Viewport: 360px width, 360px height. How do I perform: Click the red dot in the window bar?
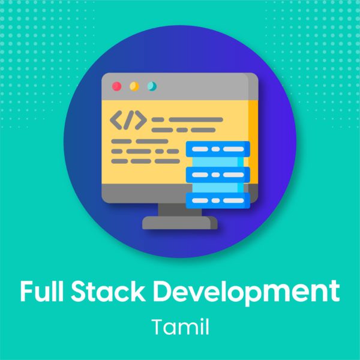pos(116,86)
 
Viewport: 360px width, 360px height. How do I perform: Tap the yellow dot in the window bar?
pos(134,86)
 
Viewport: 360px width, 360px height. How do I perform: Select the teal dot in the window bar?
pos(152,86)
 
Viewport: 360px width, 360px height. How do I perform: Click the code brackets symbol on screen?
pos(128,120)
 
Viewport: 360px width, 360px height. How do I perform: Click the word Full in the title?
pos(41,290)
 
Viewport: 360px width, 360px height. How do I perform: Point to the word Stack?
pos(108,290)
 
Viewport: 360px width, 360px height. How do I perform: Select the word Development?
pos(247,293)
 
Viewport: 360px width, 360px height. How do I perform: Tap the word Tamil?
pos(180,326)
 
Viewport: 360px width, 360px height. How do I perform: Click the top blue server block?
pos(218,149)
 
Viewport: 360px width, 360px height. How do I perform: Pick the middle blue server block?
pos(218,175)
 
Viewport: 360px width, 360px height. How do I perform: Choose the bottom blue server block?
pos(218,200)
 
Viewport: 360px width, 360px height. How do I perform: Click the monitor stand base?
pos(180,223)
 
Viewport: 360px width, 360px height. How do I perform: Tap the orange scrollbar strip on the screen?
pos(253,142)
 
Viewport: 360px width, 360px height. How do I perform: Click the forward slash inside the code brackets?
pos(128,120)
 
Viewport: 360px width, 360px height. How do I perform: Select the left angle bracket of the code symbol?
pos(116,120)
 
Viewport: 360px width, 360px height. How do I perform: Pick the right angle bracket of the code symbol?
pos(141,120)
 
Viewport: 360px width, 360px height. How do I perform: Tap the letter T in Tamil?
pos(158,326)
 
